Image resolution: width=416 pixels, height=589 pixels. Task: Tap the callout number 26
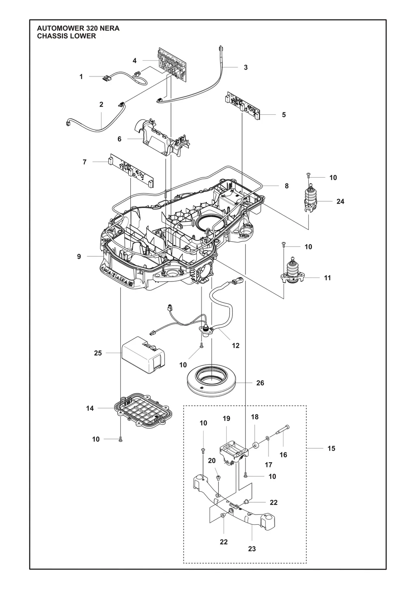click(260, 383)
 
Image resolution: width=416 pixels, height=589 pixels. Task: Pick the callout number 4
click(134, 61)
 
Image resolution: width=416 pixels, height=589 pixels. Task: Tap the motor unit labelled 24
click(312, 200)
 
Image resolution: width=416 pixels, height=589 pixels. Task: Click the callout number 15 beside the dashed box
click(331, 448)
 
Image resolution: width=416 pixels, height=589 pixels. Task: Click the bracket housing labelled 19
click(233, 454)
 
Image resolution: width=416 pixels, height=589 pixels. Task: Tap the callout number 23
click(252, 549)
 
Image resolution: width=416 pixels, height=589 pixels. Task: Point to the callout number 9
click(79, 257)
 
